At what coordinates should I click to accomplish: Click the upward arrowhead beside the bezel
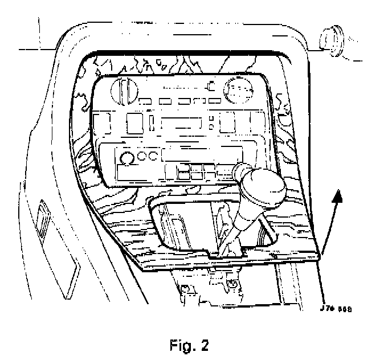coord(337,197)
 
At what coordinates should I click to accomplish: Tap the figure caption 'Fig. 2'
coord(189,345)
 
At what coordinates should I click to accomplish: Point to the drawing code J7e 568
coord(336,309)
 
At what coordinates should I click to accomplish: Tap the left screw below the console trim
coord(186,289)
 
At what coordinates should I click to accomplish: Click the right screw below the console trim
coord(232,283)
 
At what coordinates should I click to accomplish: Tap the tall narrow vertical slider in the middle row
coord(153,123)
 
